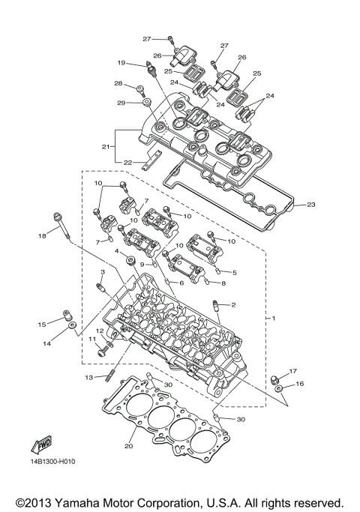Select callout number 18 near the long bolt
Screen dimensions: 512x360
point(43,236)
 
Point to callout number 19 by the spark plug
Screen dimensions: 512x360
point(120,63)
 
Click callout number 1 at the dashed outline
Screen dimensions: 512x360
point(274,319)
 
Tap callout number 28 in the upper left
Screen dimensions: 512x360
point(118,83)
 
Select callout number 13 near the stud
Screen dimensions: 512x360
point(88,377)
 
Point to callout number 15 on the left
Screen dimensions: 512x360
point(43,323)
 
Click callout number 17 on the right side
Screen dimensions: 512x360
point(293,371)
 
